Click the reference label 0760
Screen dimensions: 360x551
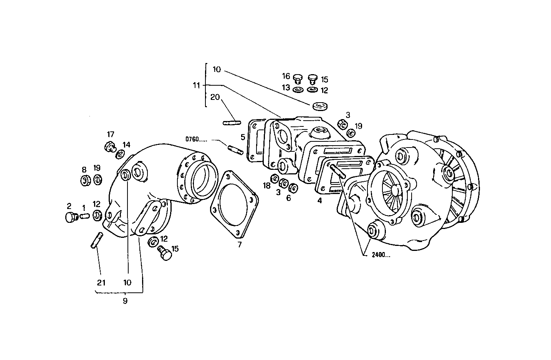pyautogui.click(x=195, y=139)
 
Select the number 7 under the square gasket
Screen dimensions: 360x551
pyautogui.click(x=240, y=245)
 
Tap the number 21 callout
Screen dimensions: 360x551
pyautogui.click(x=101, y=283)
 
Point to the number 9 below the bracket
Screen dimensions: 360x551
pyautogui.click(x=125, y=301)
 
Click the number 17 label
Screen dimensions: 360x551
pyautogui.click(x=111, y=134)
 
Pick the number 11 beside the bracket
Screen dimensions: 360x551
pyautogui.click(x=197, y=85)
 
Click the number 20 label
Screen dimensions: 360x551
pyautogui.click(x=215, y=97)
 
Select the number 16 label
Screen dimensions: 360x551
pyautogui.click(x=286, y=76)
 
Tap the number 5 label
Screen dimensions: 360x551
pyautogui.click(x=243, y=136)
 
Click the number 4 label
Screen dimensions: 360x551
pyautogui.click(x=319, y=200)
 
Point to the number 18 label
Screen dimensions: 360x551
pyautogui.click(x=266, y=186)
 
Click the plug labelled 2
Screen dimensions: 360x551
pyautogui.click(x=70, y=217)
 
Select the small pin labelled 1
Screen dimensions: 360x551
pyautogui.click(x=84, y=216)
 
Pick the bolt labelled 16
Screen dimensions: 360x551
pyautogui.click(x=297, y=79)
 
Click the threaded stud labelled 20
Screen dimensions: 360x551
pyautogui.click(x=232, y=123)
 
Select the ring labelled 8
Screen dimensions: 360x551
pyautogui.click(x=85, y=180)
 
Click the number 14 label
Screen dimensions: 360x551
pyautogui.click(x=126, y=145)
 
